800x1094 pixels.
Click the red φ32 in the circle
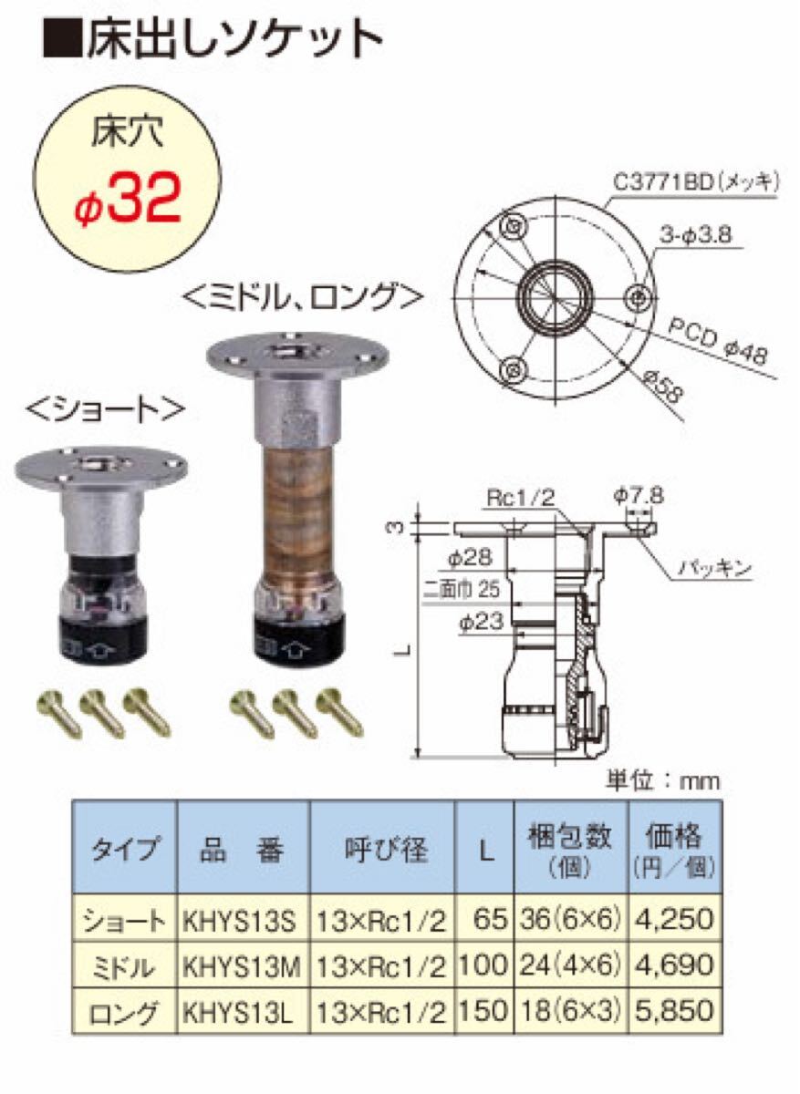[x=128, y=201]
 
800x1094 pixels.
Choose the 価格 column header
[x=674, y=837]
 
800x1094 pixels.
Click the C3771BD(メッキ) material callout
[x=696, y=182]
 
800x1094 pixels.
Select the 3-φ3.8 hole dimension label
[x=695, y=236]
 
